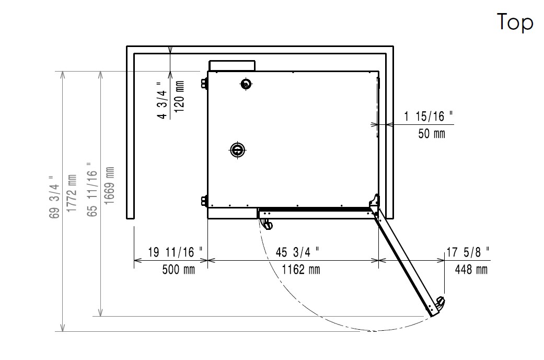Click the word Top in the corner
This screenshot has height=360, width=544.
click(x=515, y=22)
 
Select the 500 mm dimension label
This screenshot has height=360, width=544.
click(x=179, y=270)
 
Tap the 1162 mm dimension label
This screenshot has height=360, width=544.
click(x=301, y=270)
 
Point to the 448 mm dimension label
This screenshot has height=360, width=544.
click(x=471, y=270)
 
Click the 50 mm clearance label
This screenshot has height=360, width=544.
click(x=432, y=134)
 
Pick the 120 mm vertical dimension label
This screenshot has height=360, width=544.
click(x=179, y=97)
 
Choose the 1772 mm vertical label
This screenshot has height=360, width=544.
click(x=71, y=193)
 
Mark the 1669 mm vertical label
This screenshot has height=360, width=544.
click(x=109, y=185)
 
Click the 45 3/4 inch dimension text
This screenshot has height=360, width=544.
click(x=298, y=252)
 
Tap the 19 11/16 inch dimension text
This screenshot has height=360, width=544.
click(x=175, y=252)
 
